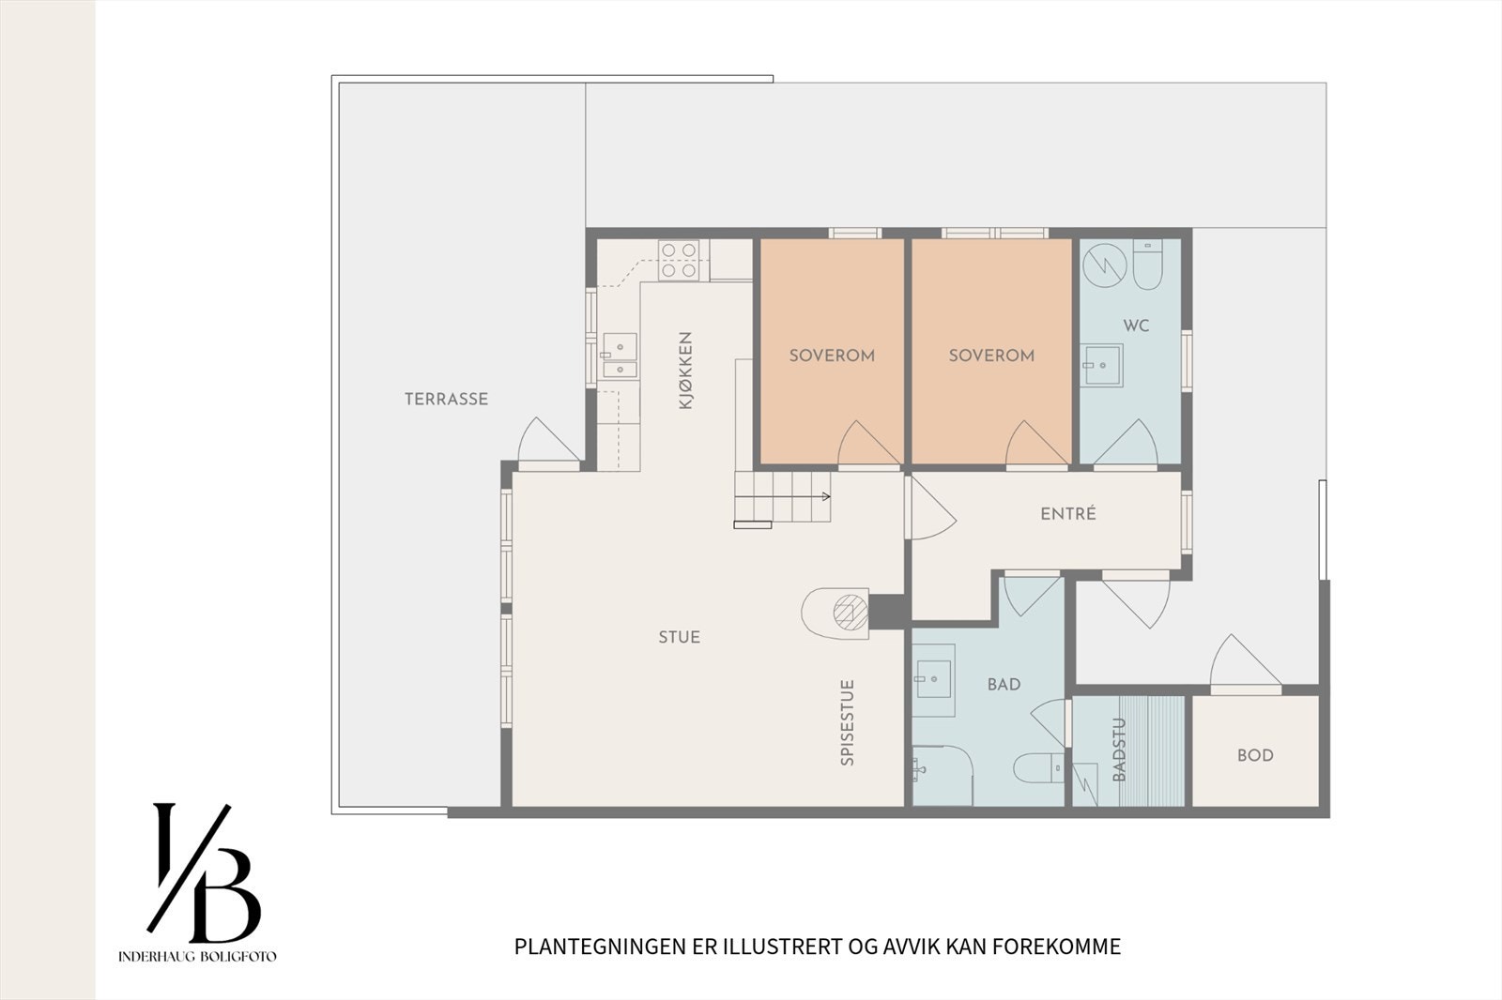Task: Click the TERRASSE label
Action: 446,399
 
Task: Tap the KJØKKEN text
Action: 685,370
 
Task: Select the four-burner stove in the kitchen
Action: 678,260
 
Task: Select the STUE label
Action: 679,637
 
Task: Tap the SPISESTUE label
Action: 848,722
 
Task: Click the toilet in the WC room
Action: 1148,265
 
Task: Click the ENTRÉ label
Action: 1068,514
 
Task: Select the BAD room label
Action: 1004,685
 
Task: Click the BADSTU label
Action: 1119,750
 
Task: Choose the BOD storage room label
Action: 1255,755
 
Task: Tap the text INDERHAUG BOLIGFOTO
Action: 197,957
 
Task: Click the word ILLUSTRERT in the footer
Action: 782,947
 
